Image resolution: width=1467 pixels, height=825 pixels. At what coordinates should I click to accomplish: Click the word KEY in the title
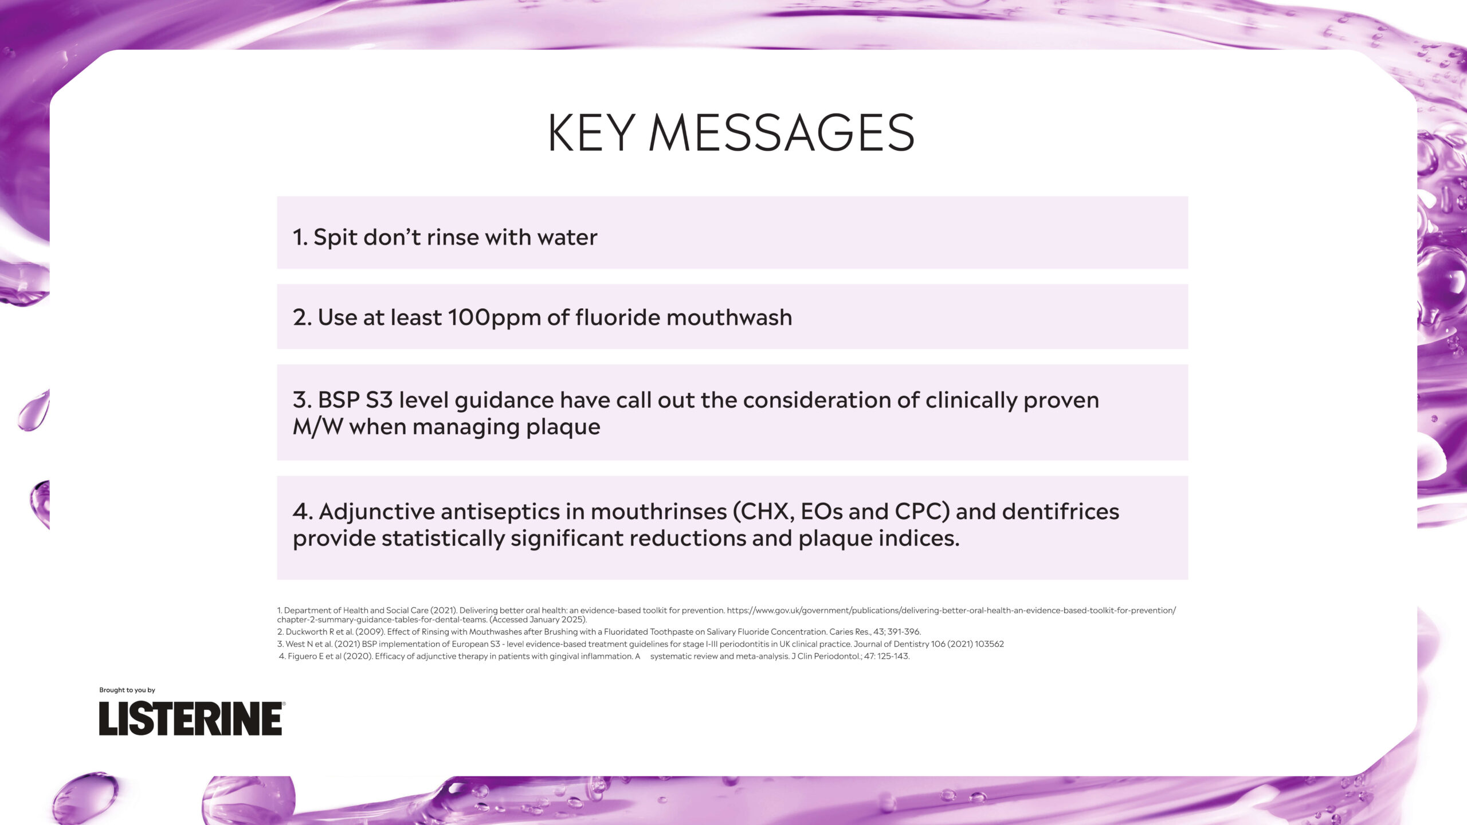click(x=591, y=132)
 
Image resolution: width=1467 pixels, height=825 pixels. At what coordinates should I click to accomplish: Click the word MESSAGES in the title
click(x=782, y=132)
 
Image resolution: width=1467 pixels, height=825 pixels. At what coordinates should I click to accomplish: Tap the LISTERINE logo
click(x=191, y=718)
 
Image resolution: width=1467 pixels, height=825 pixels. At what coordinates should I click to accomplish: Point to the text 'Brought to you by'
click(x=127, y=690)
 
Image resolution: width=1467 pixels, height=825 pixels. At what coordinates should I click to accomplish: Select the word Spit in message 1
click(x=335, y=238)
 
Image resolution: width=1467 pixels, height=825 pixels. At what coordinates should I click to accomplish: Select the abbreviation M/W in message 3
click(x=317, y=427)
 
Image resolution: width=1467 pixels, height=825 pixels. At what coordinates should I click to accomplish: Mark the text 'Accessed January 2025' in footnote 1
click(x=538, y=620)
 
